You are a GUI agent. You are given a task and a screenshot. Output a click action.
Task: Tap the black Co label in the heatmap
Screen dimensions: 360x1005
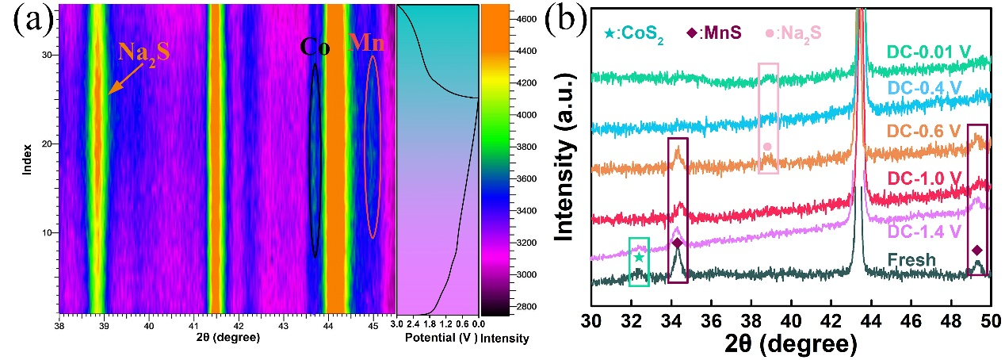pos(315,48)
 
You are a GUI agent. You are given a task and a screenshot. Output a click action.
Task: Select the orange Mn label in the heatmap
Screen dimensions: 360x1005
pos(365,44)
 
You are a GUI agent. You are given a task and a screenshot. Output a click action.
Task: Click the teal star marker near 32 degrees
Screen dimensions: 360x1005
pos(639,258)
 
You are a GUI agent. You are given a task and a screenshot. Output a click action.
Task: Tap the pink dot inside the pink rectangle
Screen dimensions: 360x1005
pos(767,147)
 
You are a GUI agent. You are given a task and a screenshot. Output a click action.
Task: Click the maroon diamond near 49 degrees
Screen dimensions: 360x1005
pos(977,250)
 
